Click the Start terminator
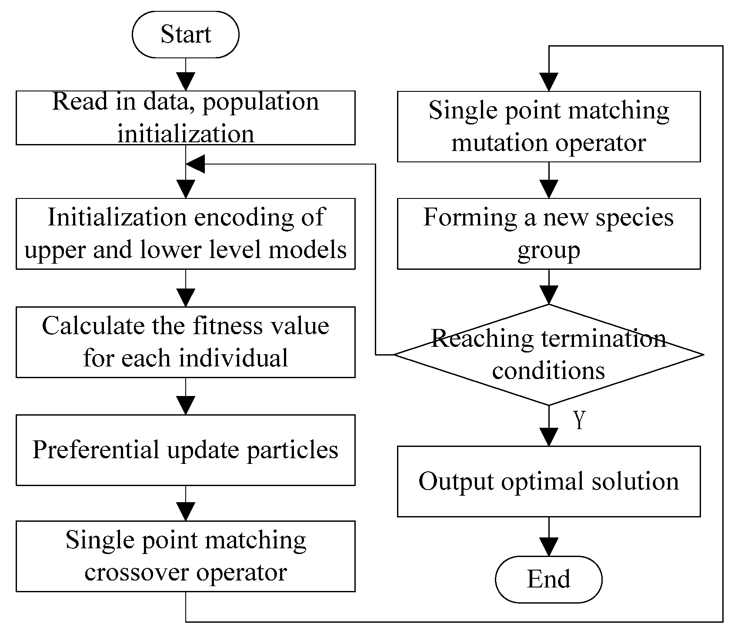[185, 34]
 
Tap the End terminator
[548, 579]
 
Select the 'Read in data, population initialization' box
[185, 117]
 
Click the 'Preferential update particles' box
[185, 450]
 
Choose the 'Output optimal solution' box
[548, 481]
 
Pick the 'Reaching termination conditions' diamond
[548, 355]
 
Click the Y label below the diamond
[579, 420]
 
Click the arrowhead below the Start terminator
[186, 82]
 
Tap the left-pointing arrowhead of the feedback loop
[196, 164]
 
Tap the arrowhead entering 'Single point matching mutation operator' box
[549, 82]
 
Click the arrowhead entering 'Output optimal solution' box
[549, 437]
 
